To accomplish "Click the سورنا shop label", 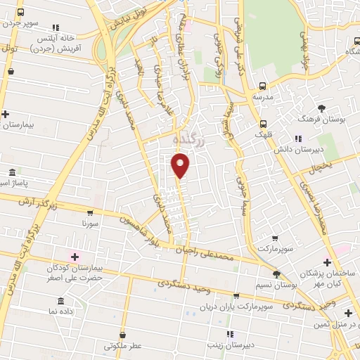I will [91, 224].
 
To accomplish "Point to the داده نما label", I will [60, 310].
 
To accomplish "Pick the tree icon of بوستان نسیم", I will [276, 275].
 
